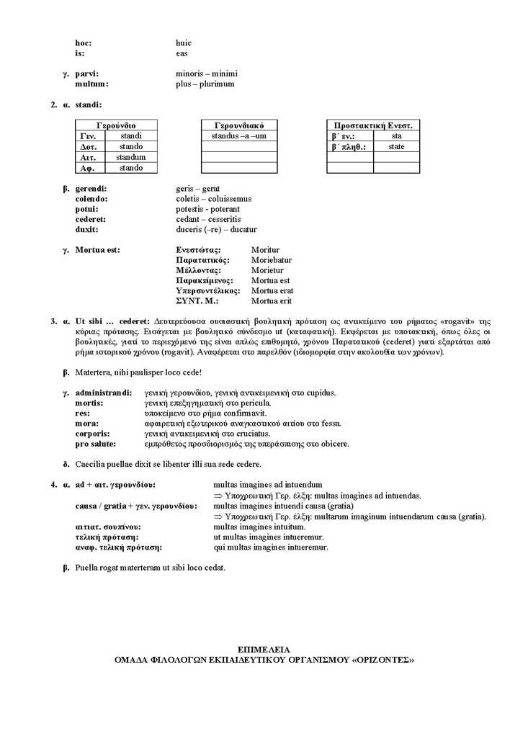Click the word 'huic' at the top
click(x=184, y=43)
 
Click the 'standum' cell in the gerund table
click(x=130, y=157)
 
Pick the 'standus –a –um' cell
click(x=238, y=135)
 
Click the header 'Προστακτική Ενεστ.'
click(x=373, y=125)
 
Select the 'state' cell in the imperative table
click(x=396, y=146)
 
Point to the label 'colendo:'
click(x=91, y=199)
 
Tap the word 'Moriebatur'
click(x=272, y=260)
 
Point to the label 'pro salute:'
click(x=97, y=444)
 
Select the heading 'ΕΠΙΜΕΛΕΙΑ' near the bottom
click(x=264, y=649)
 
